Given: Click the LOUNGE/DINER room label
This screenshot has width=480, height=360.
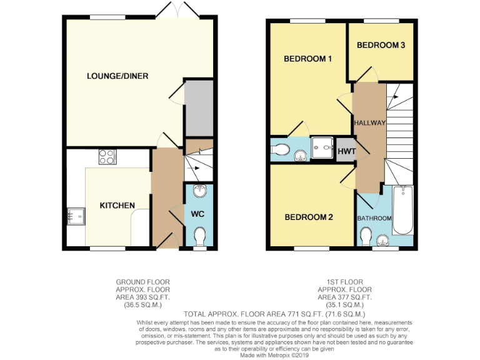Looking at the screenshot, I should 117,76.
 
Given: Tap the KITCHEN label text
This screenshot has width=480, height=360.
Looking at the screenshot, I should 117,206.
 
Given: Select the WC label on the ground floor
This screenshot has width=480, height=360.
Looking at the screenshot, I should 198,214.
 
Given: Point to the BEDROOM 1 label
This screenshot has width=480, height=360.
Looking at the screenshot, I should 307,59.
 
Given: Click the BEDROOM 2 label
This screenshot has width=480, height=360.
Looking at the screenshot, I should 308,217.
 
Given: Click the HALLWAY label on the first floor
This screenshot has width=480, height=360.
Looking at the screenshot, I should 369,123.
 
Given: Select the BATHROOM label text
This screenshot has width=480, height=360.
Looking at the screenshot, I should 374,218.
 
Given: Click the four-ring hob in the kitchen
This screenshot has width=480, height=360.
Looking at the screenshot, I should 106,156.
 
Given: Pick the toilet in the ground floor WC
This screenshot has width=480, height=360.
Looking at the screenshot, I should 199,237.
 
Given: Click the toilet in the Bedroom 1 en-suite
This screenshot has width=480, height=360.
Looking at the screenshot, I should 281,150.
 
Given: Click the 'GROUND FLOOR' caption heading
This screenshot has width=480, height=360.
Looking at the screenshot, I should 143,282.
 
